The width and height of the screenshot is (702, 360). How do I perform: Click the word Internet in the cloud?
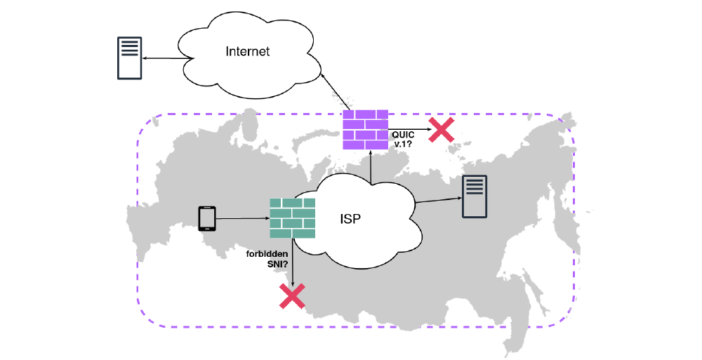248,51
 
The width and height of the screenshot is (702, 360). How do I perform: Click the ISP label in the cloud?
352,218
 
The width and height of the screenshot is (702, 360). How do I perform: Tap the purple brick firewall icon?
365,129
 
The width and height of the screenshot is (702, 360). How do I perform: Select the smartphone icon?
207,218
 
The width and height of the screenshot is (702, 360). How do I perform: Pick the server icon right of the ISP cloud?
474,197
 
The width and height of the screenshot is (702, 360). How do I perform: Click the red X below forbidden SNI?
292,296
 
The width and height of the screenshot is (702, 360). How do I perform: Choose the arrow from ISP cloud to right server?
438,201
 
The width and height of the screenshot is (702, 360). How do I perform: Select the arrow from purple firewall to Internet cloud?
333,91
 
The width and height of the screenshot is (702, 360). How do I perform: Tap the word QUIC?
402,133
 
